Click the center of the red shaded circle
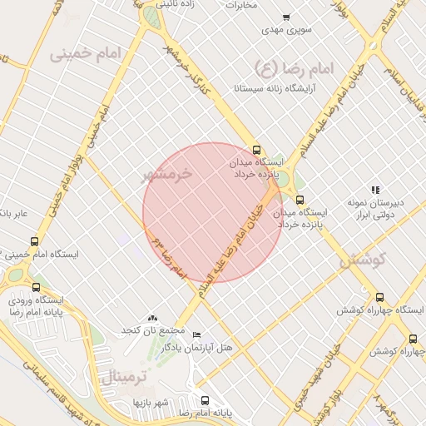click(213, 213)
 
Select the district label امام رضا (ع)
click(293, 67)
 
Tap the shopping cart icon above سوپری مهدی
click(286, 17)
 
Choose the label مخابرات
click(254, 5)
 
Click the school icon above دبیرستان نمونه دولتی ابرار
click(375, 189)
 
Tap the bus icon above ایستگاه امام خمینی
click(33, 240)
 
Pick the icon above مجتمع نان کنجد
click(151, 318)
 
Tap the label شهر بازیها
click(151, 403)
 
